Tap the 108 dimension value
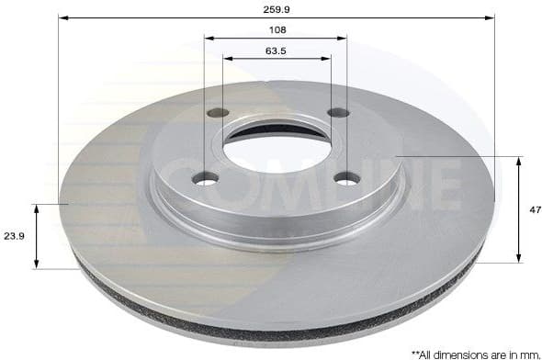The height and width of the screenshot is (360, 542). [276, 28]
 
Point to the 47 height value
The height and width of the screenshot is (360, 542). [533, 209]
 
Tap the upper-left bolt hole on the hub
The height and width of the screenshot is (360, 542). [218, 113]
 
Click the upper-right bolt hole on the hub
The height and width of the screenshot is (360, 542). [338, 113]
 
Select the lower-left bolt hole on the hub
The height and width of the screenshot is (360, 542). [206, 178]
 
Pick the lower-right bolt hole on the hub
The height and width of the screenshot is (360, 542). [345, 178]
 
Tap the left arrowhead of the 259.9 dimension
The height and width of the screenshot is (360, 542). [62, 17]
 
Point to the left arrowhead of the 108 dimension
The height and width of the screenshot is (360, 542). [208, 39]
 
